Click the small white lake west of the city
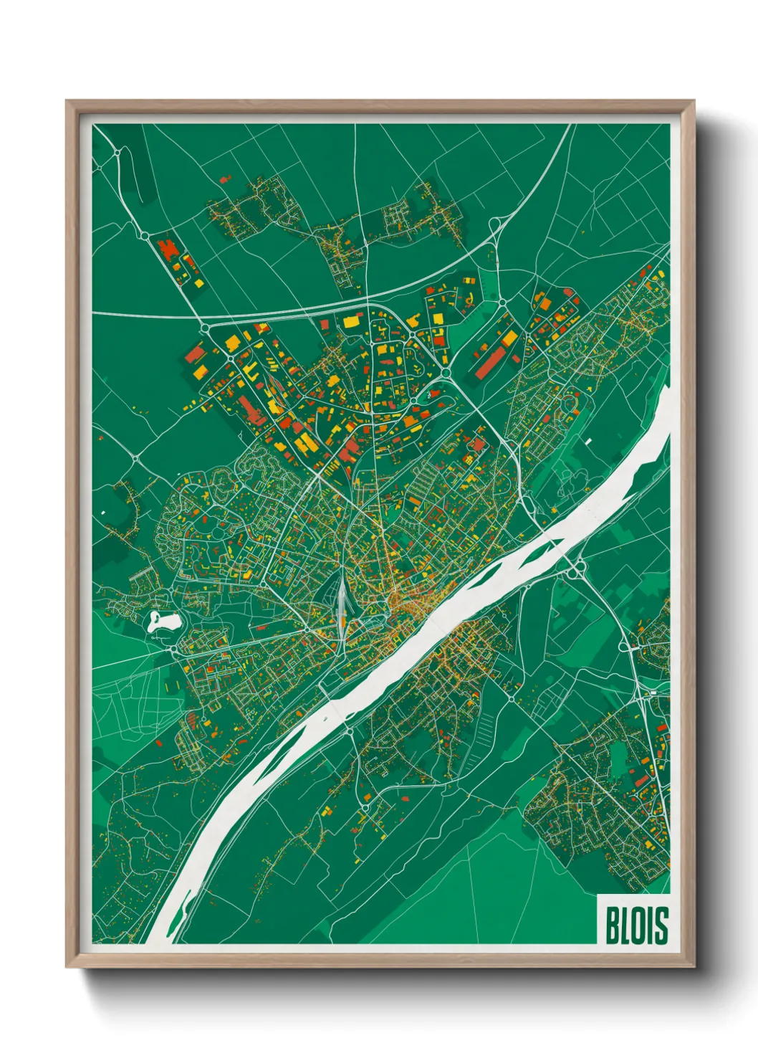(163, 621)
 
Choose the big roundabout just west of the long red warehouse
(446, 373)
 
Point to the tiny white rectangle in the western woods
(103, 513)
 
